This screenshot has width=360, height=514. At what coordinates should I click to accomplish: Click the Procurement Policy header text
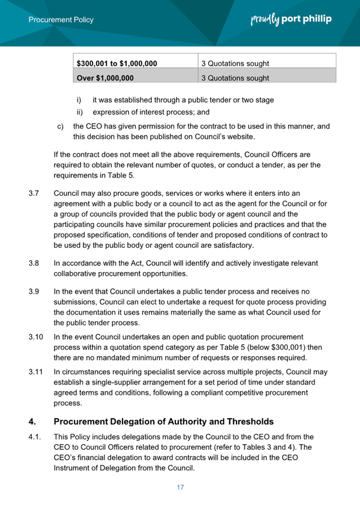click(x=61, y=20)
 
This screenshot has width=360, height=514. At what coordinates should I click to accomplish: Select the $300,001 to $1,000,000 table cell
click(x=117, y=63)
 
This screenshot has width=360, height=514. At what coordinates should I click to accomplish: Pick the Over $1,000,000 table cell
click(x=105, y=78)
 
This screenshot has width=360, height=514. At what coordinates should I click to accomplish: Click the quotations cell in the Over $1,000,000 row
click(x=235, y=78)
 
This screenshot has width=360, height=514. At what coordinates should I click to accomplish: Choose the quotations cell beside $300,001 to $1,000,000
click(x=235, y=63)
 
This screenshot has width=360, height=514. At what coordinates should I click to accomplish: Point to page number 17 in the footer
click(x=180, y=487)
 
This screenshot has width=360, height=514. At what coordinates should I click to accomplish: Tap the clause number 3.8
click(x=34, y=263)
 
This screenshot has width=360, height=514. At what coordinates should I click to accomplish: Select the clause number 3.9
click(x=34, y=291)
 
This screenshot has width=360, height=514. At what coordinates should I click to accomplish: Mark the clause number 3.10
click(x=36, y=337)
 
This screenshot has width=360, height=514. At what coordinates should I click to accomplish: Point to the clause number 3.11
click(x=36, y=372)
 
